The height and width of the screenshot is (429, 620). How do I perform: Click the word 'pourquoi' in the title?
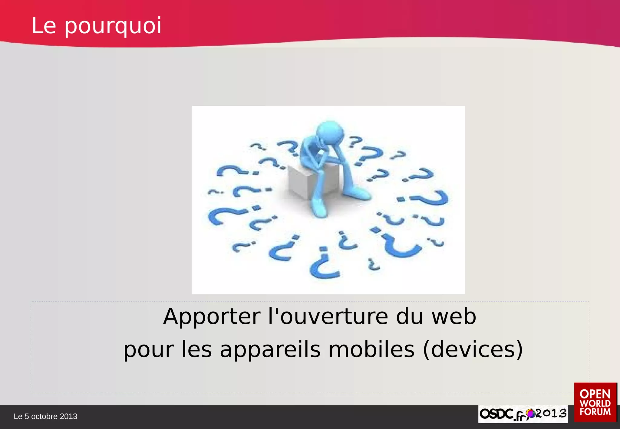click(x=113, y=26)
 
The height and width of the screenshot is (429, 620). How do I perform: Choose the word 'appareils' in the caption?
click(x=270, y=350)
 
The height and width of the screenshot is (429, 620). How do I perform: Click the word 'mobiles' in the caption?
click(x=371, y=350)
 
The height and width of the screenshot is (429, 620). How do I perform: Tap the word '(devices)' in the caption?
click(x=473, y=350)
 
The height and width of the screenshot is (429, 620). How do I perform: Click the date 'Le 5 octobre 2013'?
click(x=45, y=417)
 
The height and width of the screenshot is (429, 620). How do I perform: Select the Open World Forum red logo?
click(x=595, y=402)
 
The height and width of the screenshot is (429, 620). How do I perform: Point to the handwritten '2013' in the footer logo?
click(x=551, y=413)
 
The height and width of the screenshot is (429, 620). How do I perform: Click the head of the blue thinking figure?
click(x=330, y=133)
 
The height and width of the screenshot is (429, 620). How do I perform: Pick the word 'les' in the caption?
click(x=196, y=350)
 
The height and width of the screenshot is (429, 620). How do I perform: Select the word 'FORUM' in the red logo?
click(x=595, y=412)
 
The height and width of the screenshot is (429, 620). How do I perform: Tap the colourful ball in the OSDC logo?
click(x=530, y=413)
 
